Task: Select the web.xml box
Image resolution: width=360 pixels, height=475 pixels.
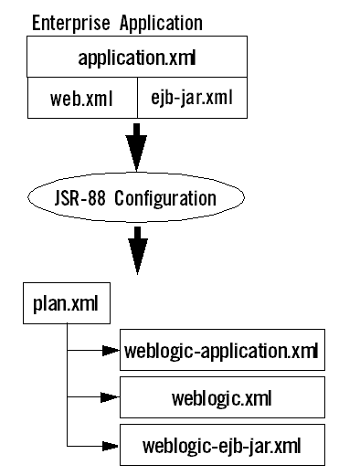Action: click(81, 100)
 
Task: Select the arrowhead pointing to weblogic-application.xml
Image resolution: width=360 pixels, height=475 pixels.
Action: click(111, 351)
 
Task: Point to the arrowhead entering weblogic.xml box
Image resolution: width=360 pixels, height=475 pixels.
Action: click(111, 398)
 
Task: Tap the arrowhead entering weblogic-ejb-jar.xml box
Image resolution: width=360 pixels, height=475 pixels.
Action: click(111, 446)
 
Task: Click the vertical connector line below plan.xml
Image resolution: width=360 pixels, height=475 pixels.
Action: click(67, 384)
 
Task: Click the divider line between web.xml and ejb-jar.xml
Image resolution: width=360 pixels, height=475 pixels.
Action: click(137, 99)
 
